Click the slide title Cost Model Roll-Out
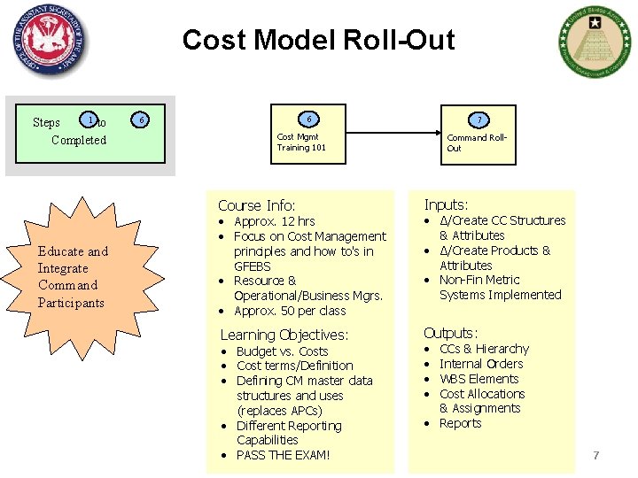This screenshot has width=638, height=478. click(x=318, y=40)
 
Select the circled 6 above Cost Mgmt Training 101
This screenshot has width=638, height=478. click(x=309, y=119)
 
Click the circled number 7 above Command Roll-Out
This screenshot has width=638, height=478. click(x=478, y=119)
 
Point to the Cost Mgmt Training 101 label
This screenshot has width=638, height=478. click(x=301, y=142)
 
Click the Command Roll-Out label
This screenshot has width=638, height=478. click(x=477, y=143)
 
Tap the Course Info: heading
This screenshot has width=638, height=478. click(x=256, y=205)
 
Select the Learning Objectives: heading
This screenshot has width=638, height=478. click(x=284, y=335)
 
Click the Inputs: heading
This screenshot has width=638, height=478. click(x=446, y=204)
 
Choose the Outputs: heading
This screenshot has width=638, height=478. click(x=450, y=333)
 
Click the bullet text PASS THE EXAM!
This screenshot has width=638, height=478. click(x=283, y=455)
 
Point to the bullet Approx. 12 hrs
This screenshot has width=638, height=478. click(x=274, y=221)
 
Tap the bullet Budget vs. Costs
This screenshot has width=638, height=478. click(x=282, y=351)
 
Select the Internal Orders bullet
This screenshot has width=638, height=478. click(x=481, y=364)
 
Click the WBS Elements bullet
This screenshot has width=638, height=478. click(x=480, y=379)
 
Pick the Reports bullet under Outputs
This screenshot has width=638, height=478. click(x=460, y=423)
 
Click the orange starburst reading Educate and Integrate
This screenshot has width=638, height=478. click(x=73, y=276)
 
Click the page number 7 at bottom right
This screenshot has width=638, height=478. click(x=596, y=455)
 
